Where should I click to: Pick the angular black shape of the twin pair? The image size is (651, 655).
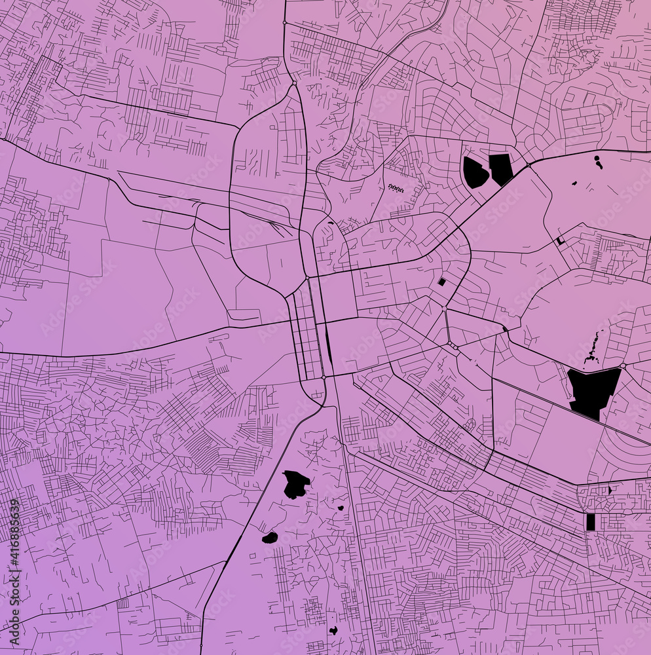tap(501, 168)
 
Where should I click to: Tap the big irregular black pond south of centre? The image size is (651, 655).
tap(296, 484)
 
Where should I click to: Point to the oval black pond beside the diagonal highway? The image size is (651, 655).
tap(270, 538)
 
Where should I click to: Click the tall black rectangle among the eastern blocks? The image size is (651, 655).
tap(591, 521)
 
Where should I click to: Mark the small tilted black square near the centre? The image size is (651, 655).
tap(441, 282)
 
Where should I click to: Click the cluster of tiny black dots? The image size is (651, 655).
tap(396, 188)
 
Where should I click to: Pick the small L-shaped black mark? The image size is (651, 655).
tap(559, 240)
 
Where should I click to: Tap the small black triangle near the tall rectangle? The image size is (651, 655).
tap(610, 489)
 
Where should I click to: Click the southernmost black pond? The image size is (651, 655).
tap(333, 631)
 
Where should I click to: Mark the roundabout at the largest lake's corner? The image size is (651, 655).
tap(623, 365)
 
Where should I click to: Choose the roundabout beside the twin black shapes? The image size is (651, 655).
tap(529, 165)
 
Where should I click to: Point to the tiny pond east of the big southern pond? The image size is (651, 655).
tap(341, 508)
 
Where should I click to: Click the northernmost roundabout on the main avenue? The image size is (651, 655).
tap(284, 23)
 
